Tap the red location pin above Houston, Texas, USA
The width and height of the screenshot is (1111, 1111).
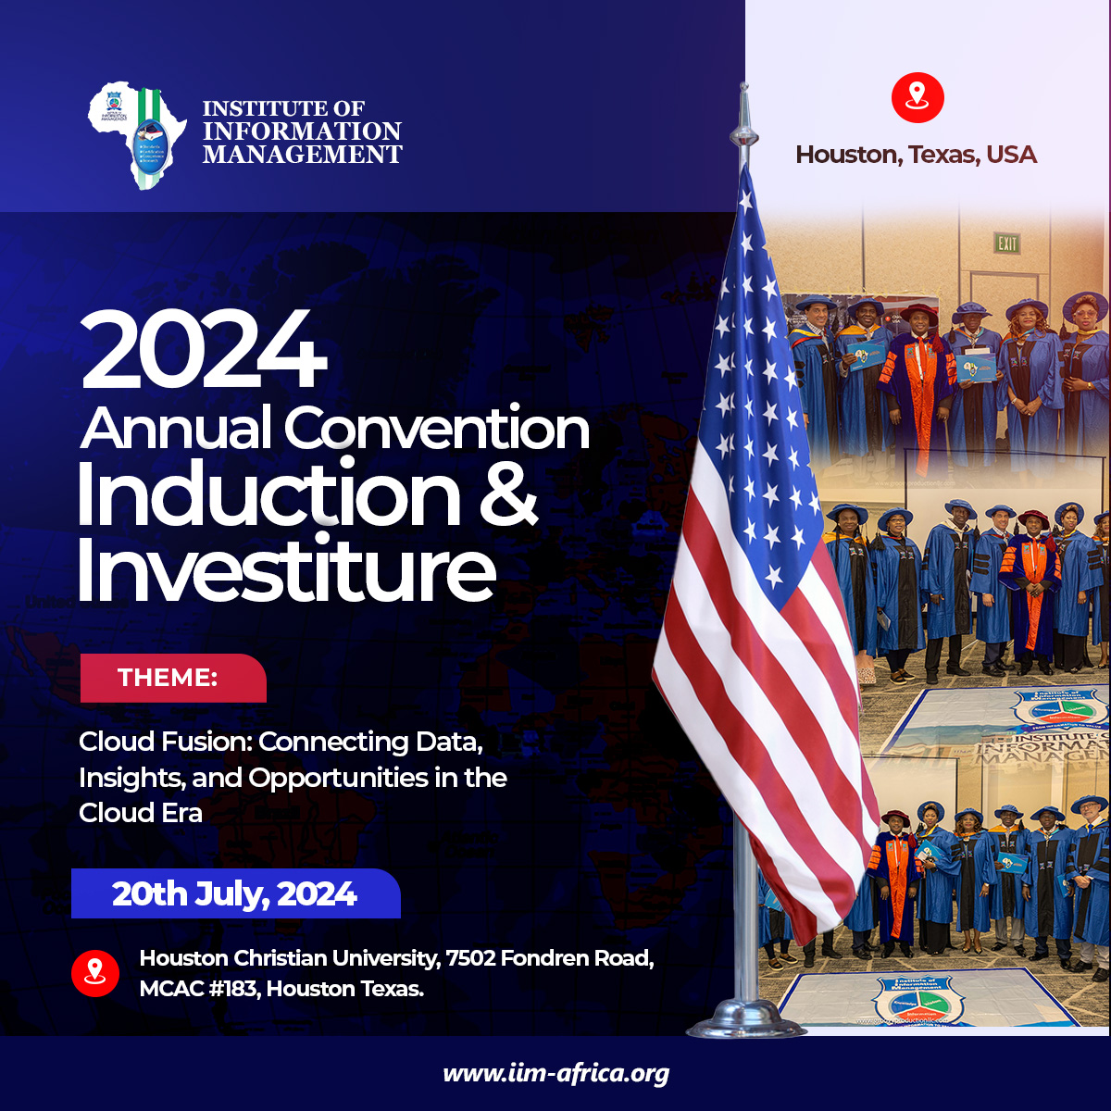(x=917, y=96)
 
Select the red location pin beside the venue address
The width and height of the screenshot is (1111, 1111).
(x=95, y=972)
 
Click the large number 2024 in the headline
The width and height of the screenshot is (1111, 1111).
(x=204, y=352)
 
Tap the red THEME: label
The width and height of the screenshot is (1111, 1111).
(x=172, y=678)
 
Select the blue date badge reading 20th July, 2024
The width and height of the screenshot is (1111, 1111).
(x=235, y=893)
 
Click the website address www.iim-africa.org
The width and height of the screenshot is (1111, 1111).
(x=555, y=1074)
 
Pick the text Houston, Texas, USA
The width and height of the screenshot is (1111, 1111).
(x=916, y=155)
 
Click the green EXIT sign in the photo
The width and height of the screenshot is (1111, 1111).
(x=1007, y=243)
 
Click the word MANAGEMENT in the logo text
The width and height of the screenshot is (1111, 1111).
(x=302, y=155)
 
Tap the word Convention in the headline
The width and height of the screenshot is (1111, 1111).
(x=436, y=429)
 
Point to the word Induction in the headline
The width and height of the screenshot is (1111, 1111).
(x=268, y=496)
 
